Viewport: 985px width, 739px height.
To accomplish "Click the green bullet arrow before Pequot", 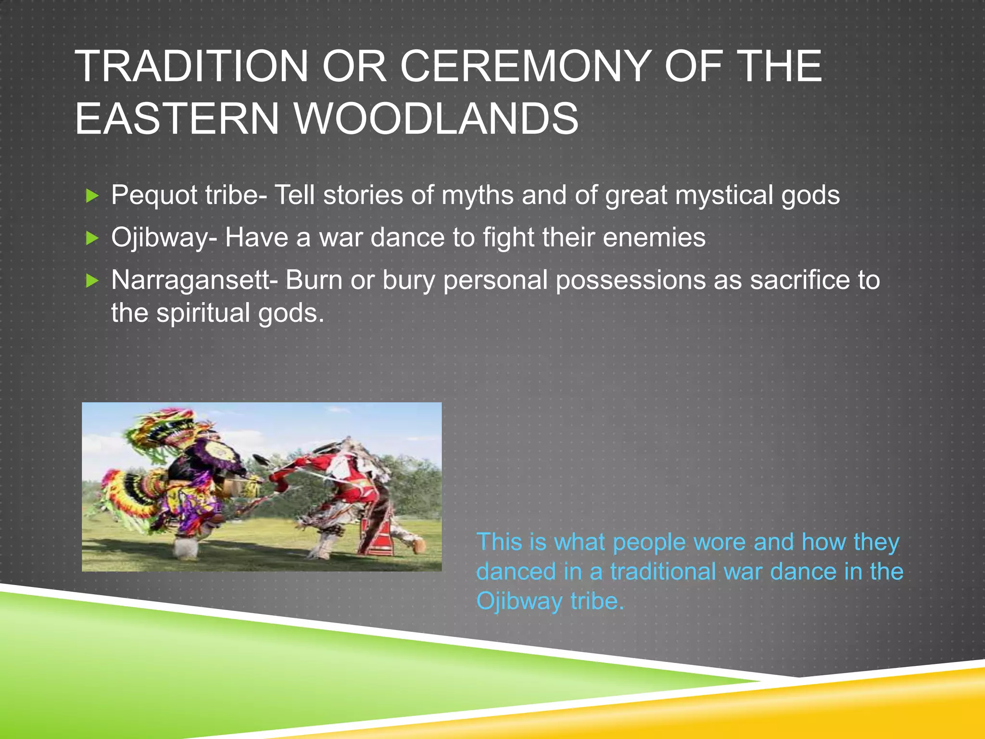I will (x=92, y=196).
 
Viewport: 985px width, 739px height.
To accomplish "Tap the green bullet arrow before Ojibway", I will (x=92, y=238).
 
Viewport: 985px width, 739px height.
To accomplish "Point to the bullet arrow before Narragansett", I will (x=92, y=280).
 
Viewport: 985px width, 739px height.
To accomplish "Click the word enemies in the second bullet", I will (x=654, y=238).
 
